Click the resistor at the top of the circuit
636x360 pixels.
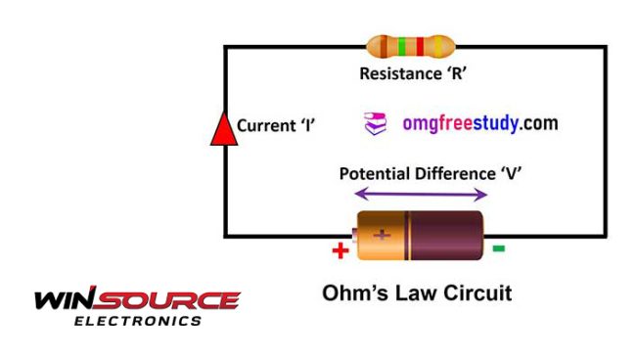pyautogui.click(x=410, y=46)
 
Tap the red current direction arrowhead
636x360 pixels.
pyautogui.click(x=224, y=129)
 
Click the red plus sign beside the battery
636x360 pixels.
pyautogui.click(x=341, y=250)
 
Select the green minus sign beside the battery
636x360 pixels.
pyautogui.click(x=499, y=248)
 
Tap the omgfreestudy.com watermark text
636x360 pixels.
pyautogui.click(x=479, y=124)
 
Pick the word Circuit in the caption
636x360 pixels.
pyautogui.click(x=476, y=292)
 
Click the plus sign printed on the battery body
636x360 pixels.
pyautogui.click(x=382, y=236)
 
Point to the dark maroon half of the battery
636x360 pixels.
pyautogui.click(x=450, y=236)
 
